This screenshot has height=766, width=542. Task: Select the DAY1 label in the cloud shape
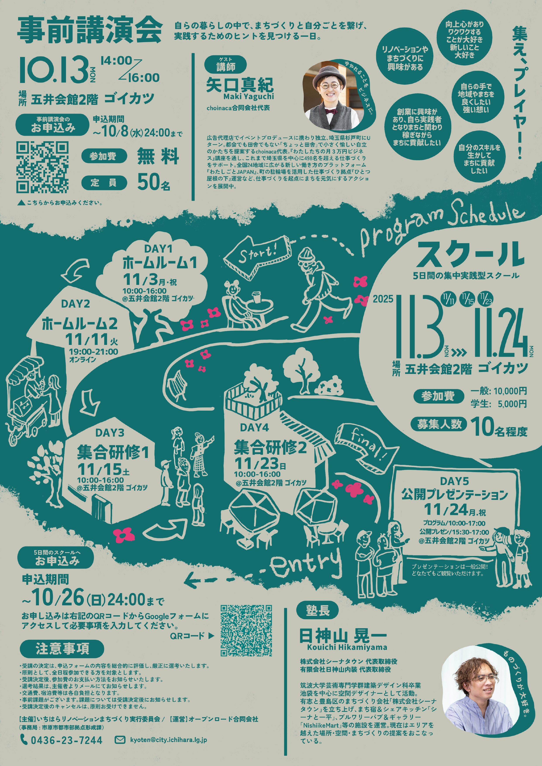[158, 249]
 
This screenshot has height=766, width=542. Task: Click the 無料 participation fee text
[158, 156]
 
